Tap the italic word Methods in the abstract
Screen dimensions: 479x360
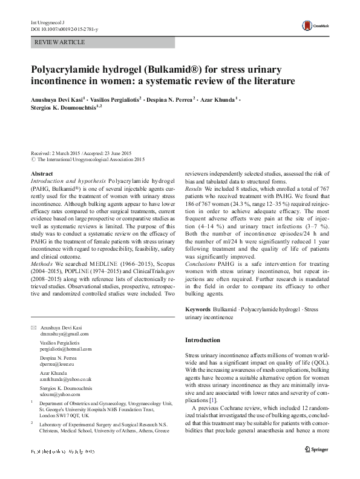coord(42,264)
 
